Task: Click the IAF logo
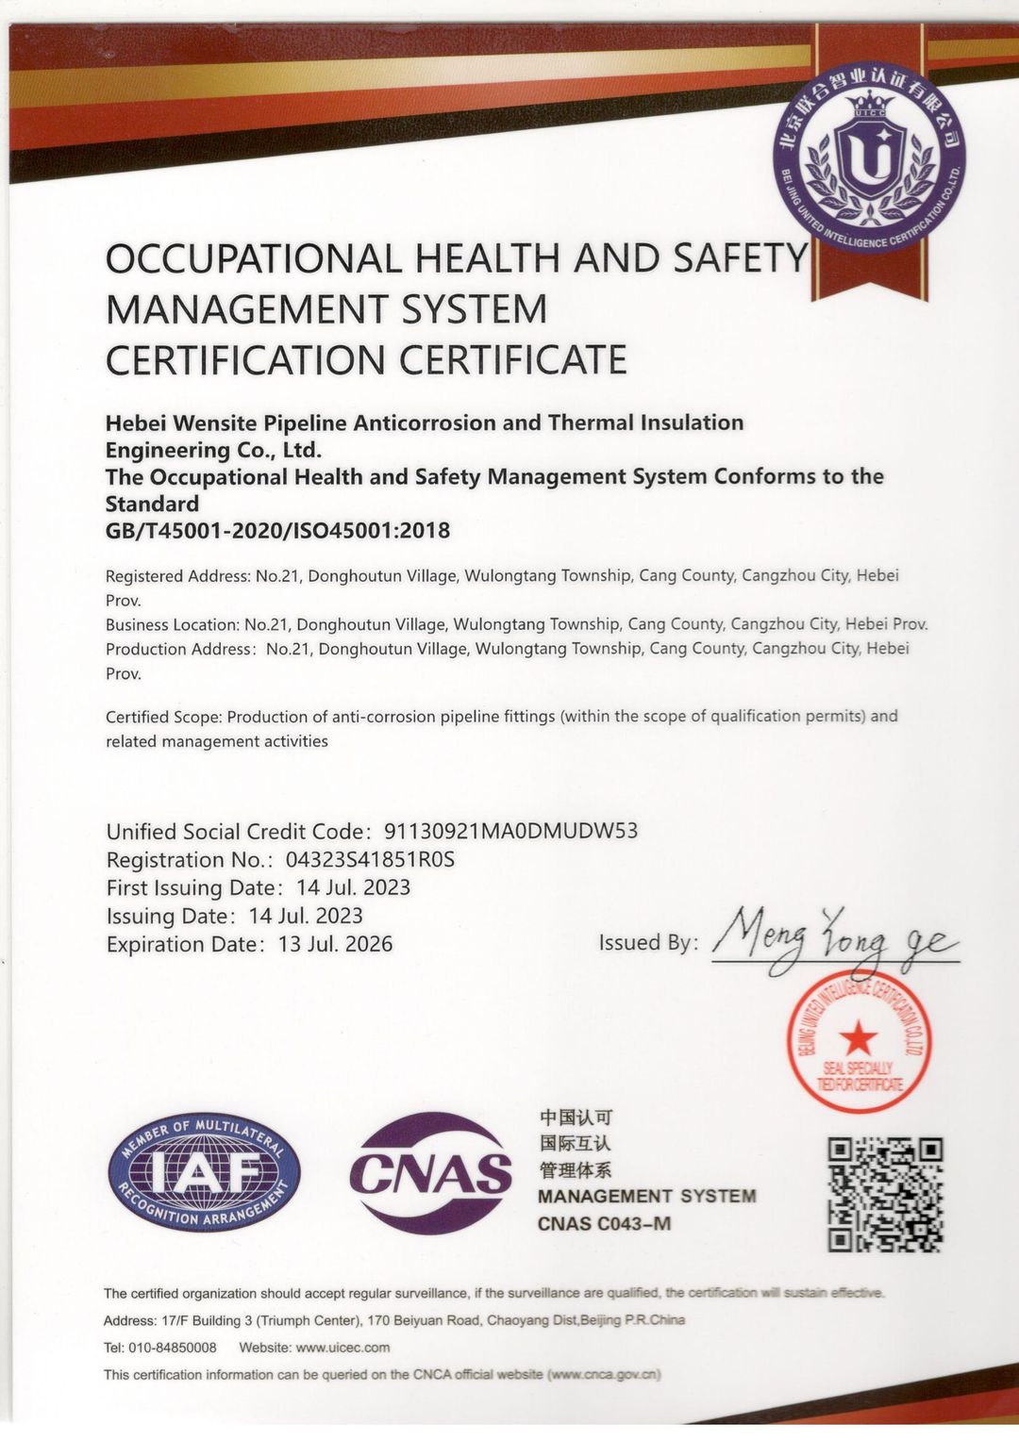(x=204, y=1172)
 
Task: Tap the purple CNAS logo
(x=430, y=1173)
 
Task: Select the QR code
(x=885, y=1194)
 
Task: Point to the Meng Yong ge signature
(x=834, y=936)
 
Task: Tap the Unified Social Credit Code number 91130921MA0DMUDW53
(x=510, y=831)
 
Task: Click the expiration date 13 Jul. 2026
(x=335, y=944)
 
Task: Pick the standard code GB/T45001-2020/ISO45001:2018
(x=277, y=530)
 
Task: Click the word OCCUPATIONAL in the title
(x=253, y=258)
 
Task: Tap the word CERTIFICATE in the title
(x=513, y=360)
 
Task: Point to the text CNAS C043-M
(x=604, y=1224)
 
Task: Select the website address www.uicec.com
(x=342, y=1347)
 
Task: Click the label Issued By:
(x=648, y=942)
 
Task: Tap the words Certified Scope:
(x=163, y=717)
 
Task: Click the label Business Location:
(x=172, y=624)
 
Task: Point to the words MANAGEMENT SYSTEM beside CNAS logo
(x=646, y=1196)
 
